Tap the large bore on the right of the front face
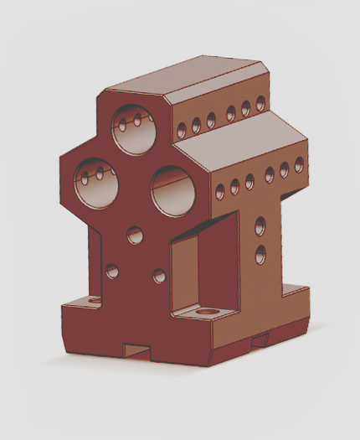173,190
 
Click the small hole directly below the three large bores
136,236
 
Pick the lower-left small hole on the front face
112,271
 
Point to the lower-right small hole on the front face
159,275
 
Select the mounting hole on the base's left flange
94,299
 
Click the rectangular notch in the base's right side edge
261,339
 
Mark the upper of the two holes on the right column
260,225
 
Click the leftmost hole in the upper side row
181,130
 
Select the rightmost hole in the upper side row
260,104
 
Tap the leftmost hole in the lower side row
220,191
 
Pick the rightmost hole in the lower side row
299,164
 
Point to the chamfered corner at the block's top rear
260,67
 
